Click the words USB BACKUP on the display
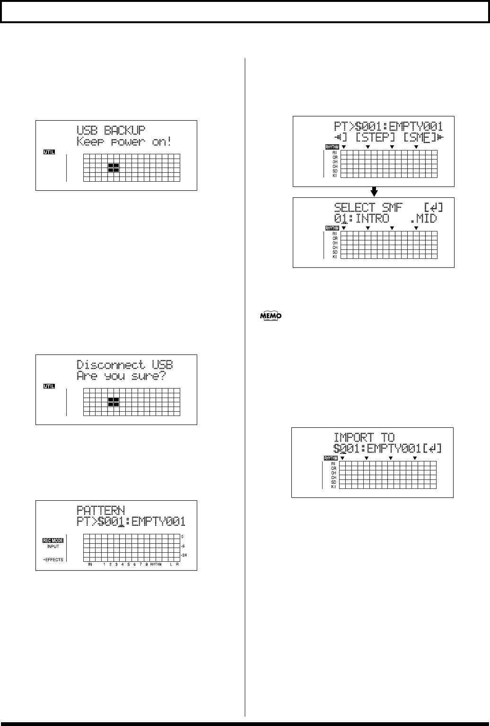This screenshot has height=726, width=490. pyautogui.click(x=111, y=130)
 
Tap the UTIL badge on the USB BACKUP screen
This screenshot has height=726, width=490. pyautogui.click(x=49, y=152)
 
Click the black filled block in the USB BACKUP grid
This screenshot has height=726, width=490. pyautogui.click(x=114, y=167)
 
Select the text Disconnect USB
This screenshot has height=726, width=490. pyautogui.click(x=125, y=364)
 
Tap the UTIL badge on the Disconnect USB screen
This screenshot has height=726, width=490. pyautogui.click(x=49, y=386)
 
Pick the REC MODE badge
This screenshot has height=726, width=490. pyautogui.click(x=52, y=540)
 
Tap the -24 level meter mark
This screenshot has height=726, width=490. pyautogui.click(x=184, y=555)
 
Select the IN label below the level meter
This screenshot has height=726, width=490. pyautogui.click(x=90, y=565)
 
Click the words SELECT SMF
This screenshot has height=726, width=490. pyautogui.click(x=368, y=207)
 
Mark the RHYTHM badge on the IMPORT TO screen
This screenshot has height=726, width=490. pyautogui.click(x=331, y=458)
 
